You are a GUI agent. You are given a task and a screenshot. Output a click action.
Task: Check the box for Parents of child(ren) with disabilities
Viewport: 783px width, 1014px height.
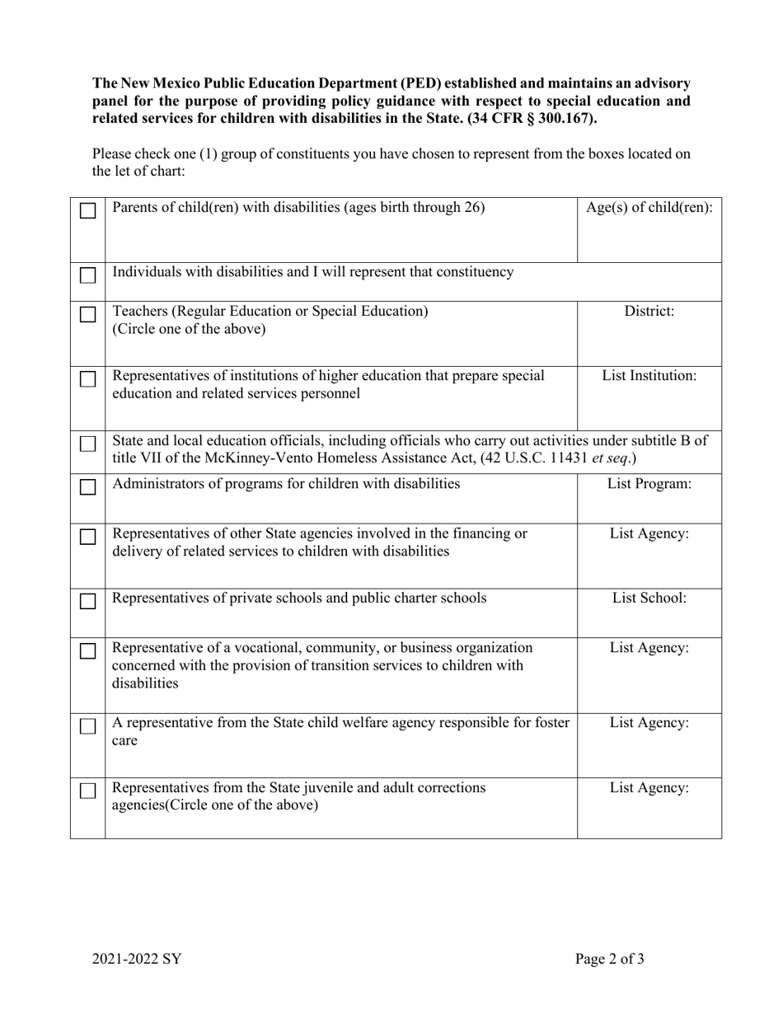[87, 211]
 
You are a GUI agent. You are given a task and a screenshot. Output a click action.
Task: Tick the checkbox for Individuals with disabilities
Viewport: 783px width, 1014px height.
[87, 275]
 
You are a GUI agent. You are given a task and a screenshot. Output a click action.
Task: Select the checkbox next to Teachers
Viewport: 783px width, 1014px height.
[87, 315]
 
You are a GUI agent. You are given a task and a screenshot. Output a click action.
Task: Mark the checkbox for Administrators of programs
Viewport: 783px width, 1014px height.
[87, 487]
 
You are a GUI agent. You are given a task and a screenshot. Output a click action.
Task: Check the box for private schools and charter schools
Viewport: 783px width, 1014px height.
[87, 602]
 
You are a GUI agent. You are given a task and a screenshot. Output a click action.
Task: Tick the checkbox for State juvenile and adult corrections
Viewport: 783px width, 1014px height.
[87, 791]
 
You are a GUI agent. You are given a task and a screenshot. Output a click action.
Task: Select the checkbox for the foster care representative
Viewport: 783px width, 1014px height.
[87, 726]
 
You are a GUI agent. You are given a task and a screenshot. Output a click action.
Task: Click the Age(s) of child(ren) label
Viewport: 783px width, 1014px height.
[649, 208]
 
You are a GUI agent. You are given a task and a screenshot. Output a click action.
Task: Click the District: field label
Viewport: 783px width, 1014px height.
[649, 312]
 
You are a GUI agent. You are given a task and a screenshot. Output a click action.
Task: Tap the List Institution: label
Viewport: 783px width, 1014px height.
[649, 376]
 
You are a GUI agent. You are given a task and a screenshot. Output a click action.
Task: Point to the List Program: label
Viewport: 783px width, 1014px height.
[649, 484]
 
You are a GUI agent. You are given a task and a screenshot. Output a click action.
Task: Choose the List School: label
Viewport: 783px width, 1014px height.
[649, 599]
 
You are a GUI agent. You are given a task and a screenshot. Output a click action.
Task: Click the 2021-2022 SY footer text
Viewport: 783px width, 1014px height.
[137, 959]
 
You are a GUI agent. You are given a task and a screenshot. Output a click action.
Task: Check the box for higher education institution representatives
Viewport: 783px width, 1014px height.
[87, 379]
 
